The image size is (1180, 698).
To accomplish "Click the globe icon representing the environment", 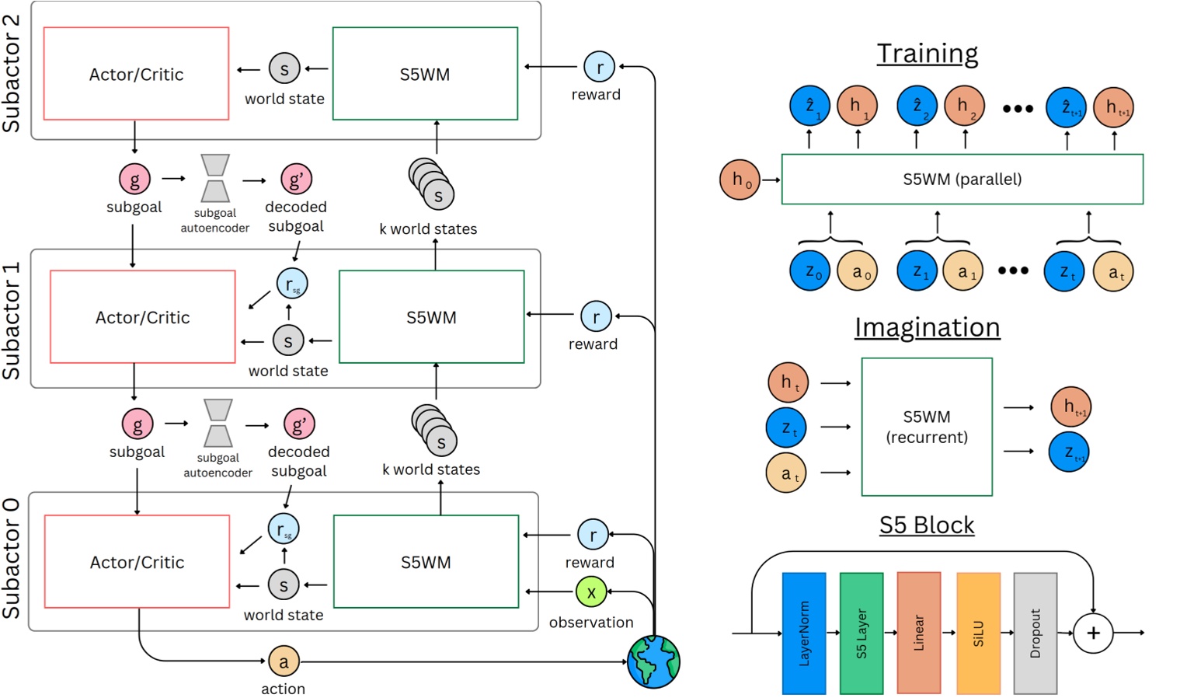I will (x=653, y=661).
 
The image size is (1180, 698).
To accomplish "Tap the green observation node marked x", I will (x=591, y=592).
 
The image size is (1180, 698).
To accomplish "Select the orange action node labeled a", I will (x=284, y=661).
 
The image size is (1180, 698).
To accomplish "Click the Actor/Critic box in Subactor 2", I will (x=136, y=74).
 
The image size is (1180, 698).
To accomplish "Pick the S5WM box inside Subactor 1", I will (x=431, y=317).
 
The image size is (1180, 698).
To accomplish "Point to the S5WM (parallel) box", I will (x=962, y=180).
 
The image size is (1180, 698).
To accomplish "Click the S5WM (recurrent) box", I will (x=927, y=427).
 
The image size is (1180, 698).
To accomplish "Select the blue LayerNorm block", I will (x=804, y=633).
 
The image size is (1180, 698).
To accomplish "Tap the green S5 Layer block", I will (x=862, y=633).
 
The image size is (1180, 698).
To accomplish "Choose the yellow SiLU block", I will (x=978, y=633).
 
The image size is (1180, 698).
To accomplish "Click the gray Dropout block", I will (x=1035, y=633).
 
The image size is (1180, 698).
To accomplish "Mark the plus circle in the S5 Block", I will (x=1093, y=633).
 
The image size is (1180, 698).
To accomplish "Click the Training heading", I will (x=927, y=54).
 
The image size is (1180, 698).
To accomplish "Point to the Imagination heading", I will (x=927, y=327).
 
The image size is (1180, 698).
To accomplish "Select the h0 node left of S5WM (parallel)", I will (x=740, y=180).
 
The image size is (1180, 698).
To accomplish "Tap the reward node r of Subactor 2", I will (x=599, y=67).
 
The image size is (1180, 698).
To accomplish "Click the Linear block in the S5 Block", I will (x=919, y=633).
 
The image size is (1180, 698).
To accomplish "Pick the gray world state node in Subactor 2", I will (x=284, y=68).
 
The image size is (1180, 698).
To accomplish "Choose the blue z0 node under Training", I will (x=809, y=271).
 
